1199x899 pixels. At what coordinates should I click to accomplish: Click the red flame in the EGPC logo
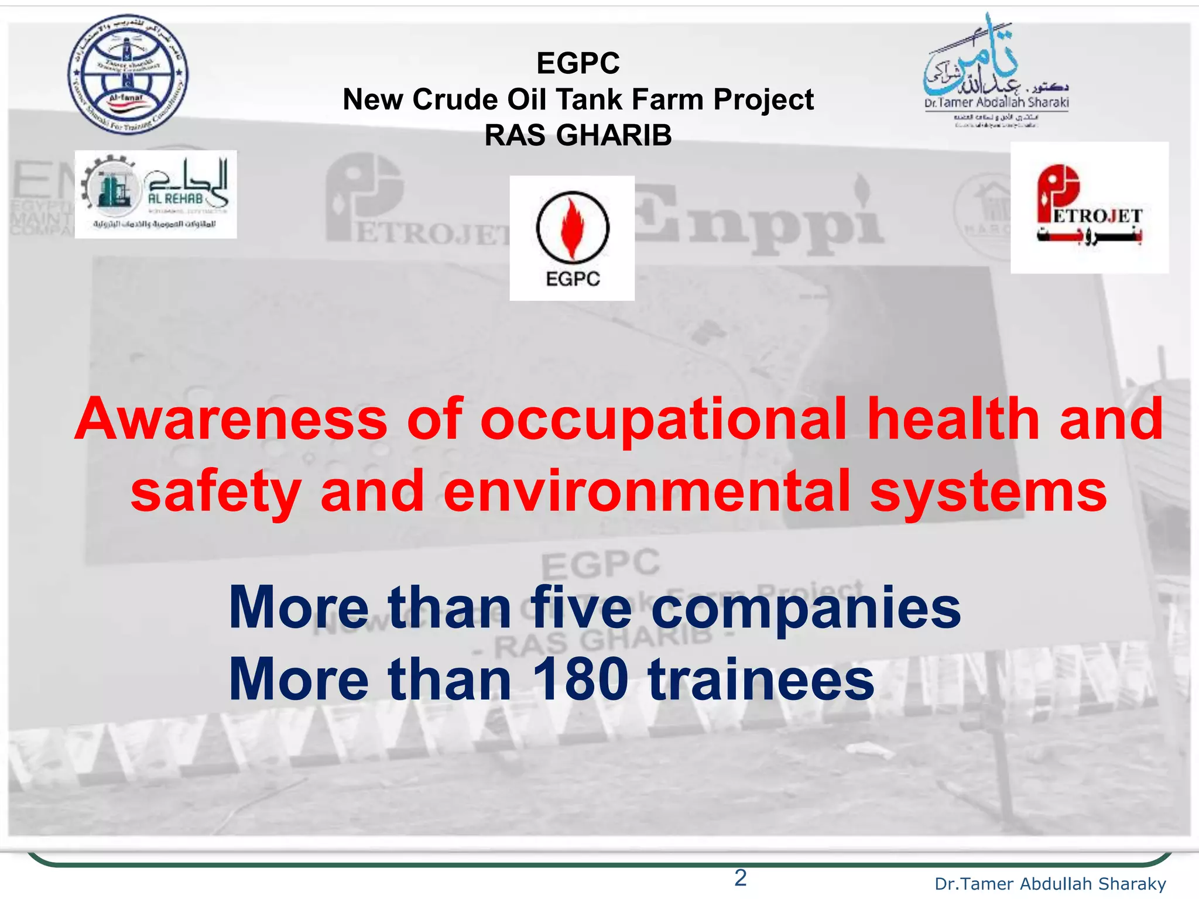coord(572,229)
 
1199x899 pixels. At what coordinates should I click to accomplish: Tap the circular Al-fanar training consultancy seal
coord(128,74)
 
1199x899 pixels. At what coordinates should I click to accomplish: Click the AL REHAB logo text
coord(175,198)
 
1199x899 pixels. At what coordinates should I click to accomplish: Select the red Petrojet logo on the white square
coord(1089,207)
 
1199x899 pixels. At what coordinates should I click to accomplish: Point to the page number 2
coord(740,878)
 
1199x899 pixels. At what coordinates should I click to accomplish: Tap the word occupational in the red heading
coord(663,420)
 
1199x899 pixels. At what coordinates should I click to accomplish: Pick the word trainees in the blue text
coord(761,680)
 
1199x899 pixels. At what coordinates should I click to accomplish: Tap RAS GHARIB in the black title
coord(578,136)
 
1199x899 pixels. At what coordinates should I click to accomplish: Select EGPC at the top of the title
coord(578,63)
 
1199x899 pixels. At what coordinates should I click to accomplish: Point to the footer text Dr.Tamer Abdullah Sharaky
coord(1050,884)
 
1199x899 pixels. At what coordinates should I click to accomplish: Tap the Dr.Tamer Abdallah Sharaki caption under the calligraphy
coord(996,103)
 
